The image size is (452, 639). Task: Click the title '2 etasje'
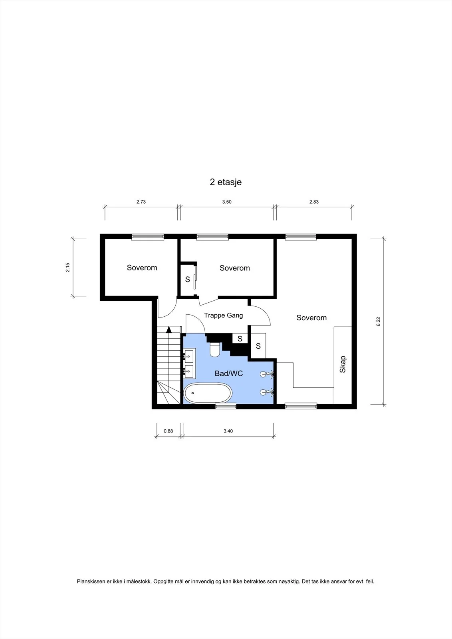pyautogui.click(x=226, y=182)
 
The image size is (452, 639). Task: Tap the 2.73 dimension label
pyautogui.click(x=141, y=202)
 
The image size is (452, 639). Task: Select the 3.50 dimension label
pyautogui.click(x=227, y=202)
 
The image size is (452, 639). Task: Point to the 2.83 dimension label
pyautogui.click(x=314, y=202)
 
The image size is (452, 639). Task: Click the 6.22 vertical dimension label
pyautogui.click(x=379, y=321)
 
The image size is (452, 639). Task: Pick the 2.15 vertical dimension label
pyautogui.click(x=67, y=267)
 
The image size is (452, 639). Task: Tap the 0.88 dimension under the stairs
pyautogui.click(x=168, y=431)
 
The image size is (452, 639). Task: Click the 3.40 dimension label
pyautogui.click(x=228, y=431)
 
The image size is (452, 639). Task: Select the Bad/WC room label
pyautogui.click(x=229, y=373)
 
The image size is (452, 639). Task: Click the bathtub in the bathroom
pyautogui.click(x=208, y=393)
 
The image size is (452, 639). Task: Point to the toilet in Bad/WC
pyautogui.click(x=215, y=349)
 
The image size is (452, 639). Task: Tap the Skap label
pyautogui.click(x=343, y=364)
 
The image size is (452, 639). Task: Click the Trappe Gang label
pyautogui.click(x=223, y=315)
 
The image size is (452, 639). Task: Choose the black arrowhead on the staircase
pyautogui.click(x=169, y=330)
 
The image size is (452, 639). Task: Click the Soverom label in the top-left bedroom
pyautogui.click(x=142, y=268)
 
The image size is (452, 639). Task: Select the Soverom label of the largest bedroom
pyautogui.click(x=311, y=318)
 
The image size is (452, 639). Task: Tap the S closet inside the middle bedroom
pyautogui.click(x=187, y=279)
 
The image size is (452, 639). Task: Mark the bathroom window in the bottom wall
pyautogui.click(x=226, y=406)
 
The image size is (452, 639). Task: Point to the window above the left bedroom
pyautogui.click(x=147, y=237)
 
